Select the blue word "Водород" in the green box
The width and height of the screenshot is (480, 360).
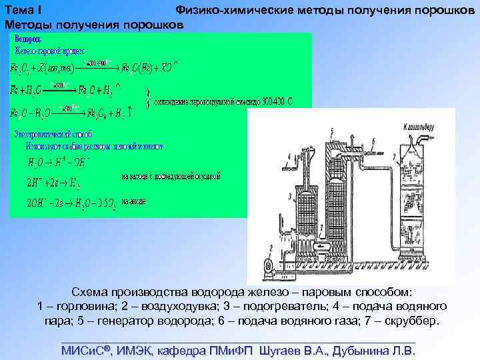[x=27, y=39]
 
